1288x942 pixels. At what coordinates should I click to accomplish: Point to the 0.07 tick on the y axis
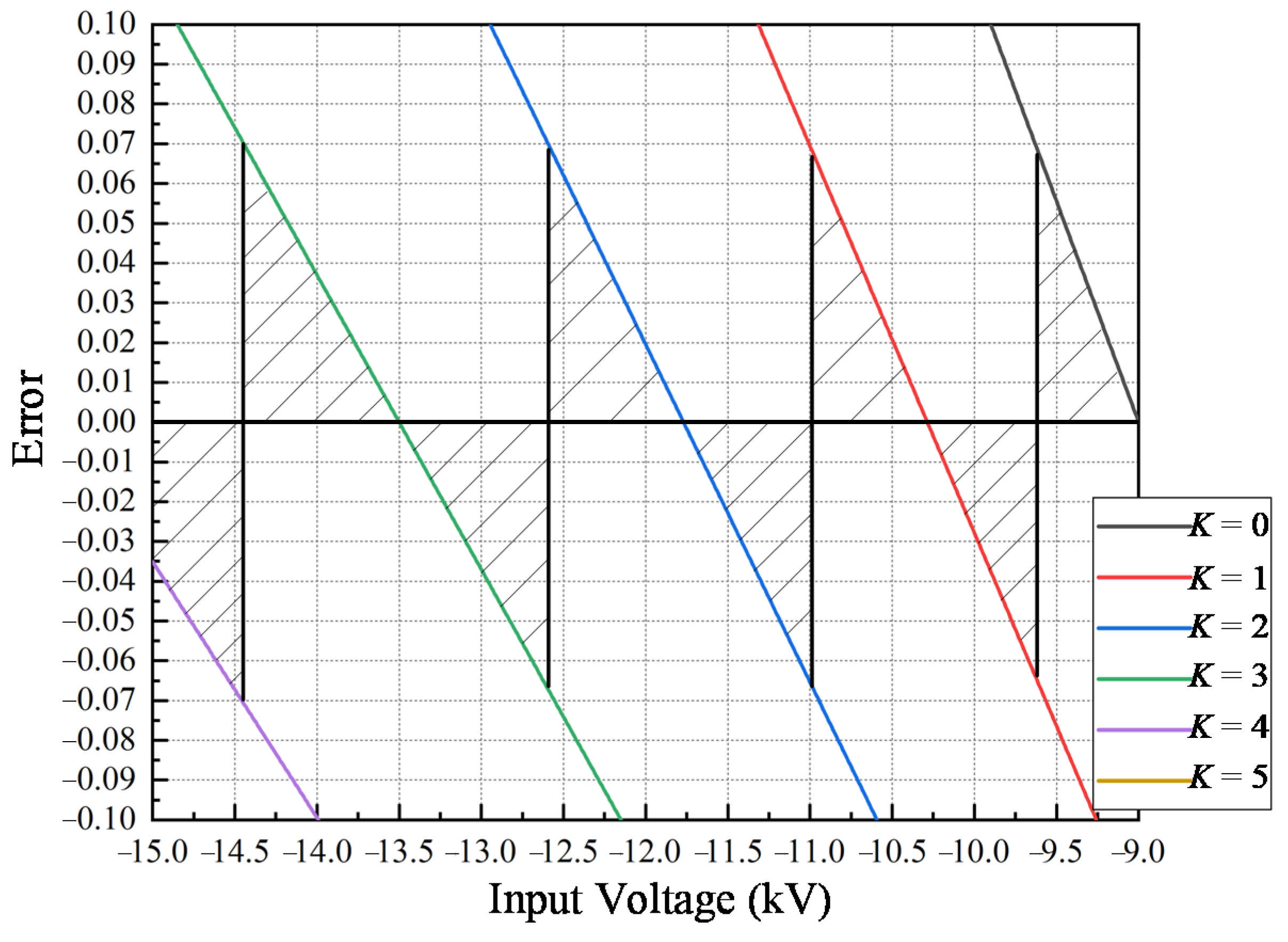pos(107,144)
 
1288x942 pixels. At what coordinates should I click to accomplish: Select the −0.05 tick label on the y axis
pos(99,621)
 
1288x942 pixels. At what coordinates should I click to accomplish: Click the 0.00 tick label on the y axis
pos(107,423)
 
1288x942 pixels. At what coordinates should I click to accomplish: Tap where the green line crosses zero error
pos(399,422)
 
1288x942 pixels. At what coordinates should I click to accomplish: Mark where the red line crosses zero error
pos(927,422)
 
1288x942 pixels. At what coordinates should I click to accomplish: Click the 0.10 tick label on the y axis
pos(107,25)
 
